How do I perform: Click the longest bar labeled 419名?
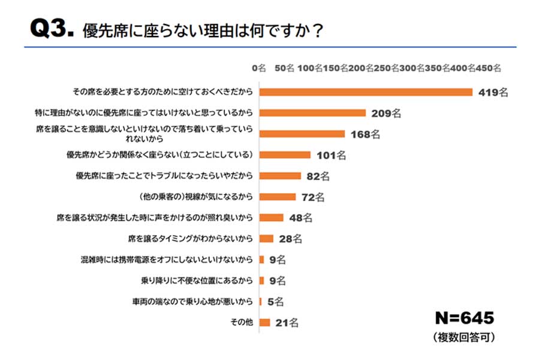click(366, 92)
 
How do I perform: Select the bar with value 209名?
click(312, 113)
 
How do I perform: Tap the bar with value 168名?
click(302, 134)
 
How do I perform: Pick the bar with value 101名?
click(285, 155)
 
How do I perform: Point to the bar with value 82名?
click(280, 176)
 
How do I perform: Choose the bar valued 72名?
click(278, 196)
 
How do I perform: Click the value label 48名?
click(301, 217)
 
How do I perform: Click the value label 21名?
click(287, 323)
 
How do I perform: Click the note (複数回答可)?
click(463, 338)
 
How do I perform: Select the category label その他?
click(242, 323)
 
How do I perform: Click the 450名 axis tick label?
click(489, 68)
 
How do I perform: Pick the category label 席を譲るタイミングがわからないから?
click(191, 239)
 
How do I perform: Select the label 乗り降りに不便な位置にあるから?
click(195, 280)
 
